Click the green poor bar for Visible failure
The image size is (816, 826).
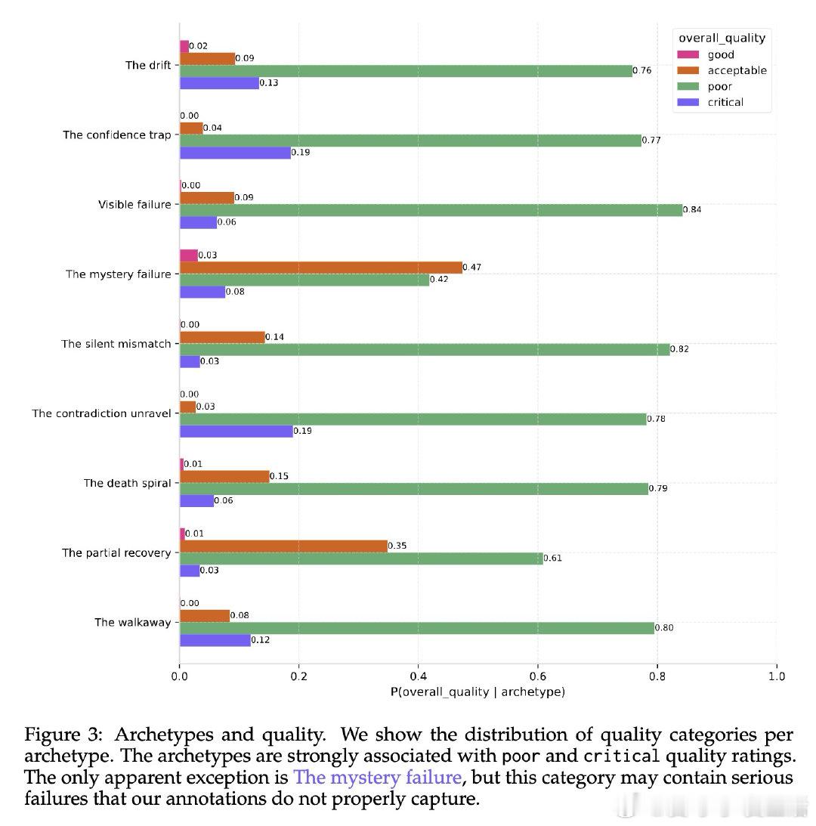point(431,210)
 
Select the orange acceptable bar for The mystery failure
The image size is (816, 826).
point(320,268)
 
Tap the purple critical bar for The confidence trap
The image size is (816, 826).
point(235,153)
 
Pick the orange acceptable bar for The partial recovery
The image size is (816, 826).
point(283,546)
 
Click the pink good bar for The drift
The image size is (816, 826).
point(184,47)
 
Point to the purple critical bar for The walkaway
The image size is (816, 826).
point(215,640)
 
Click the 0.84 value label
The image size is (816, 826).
point(692,209)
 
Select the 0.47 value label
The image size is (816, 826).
point(471,267)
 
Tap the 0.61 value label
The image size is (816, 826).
point(552,558)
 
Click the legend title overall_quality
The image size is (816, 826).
point(722,38)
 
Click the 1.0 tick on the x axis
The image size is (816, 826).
point(776,676)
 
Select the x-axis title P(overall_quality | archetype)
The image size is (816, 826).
point(478,691)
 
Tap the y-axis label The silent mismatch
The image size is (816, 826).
point(116,344)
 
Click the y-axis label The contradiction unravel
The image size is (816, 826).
point(101,413)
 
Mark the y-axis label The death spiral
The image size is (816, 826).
point(127,483)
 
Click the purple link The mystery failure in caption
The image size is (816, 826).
point(377,778)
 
